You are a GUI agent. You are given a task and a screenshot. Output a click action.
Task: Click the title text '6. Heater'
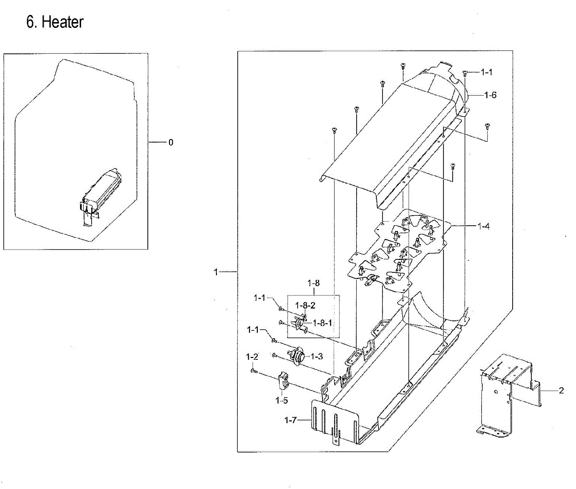click(55, 22)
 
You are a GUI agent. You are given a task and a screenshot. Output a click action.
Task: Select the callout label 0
click(170, 142)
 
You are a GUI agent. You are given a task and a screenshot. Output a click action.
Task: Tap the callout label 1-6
click(490, 95)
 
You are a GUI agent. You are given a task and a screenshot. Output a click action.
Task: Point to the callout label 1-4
click(483, 226)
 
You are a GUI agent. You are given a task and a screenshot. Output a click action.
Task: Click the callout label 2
click(561, 391)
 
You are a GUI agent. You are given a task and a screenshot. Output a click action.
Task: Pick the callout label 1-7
click(291, 420)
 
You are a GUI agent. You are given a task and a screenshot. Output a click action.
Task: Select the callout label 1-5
click(282, 400)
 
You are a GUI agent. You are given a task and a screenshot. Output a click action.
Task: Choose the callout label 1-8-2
click(305, 305)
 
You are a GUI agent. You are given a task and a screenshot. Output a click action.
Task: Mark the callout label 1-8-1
click(323, 323)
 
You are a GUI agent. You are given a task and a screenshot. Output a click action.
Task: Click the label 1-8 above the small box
click(313, 284)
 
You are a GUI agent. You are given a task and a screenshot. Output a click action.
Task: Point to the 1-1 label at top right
click(486, 72)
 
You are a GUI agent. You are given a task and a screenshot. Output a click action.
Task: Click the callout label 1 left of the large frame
click(216, 272)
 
